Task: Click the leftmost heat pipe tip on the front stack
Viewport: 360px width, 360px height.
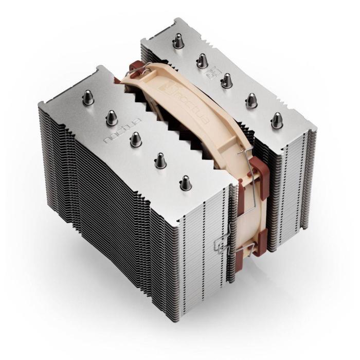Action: [x=88, y=97]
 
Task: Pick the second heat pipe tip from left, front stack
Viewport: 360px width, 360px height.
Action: [x=111, y=118]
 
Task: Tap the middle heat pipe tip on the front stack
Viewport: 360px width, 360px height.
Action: [x=135, y=139]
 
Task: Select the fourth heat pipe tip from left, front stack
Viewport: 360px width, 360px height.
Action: [x=159, y=160]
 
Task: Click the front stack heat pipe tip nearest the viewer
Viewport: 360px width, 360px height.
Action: [x=185, y=183]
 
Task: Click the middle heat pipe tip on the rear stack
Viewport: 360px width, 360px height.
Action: [x=226, y=80]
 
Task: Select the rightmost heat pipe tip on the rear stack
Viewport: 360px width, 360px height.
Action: [x=277, y=119]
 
